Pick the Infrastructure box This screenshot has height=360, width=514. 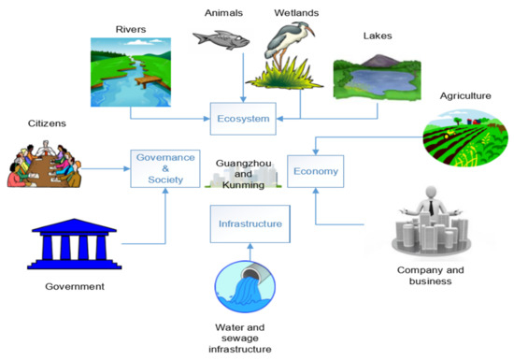[247, 224]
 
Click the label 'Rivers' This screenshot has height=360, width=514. [130, 28]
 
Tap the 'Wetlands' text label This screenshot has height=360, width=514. [296, 13]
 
